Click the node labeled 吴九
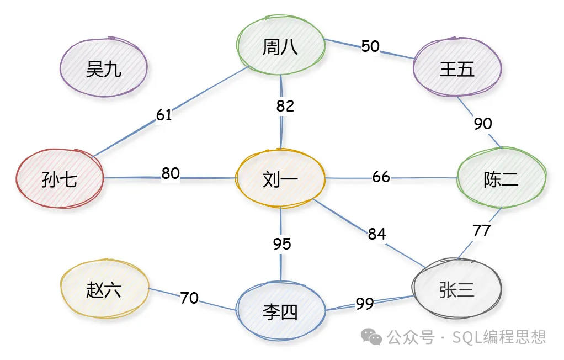(103, 69)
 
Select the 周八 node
(280, 47)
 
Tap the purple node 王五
(457, 69)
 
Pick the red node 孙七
(60, 179)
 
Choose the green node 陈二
(501, 179)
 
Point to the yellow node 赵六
(104, 289)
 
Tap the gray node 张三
(456, 289)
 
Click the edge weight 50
(370, 46)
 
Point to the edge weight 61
(164, 115)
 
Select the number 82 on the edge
(285, 106)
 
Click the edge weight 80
(171, 173)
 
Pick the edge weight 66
(381, 177)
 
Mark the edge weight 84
(377, 234)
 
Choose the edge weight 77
(482, 230)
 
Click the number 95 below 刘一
(282, 244)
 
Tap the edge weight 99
(365, 303)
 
